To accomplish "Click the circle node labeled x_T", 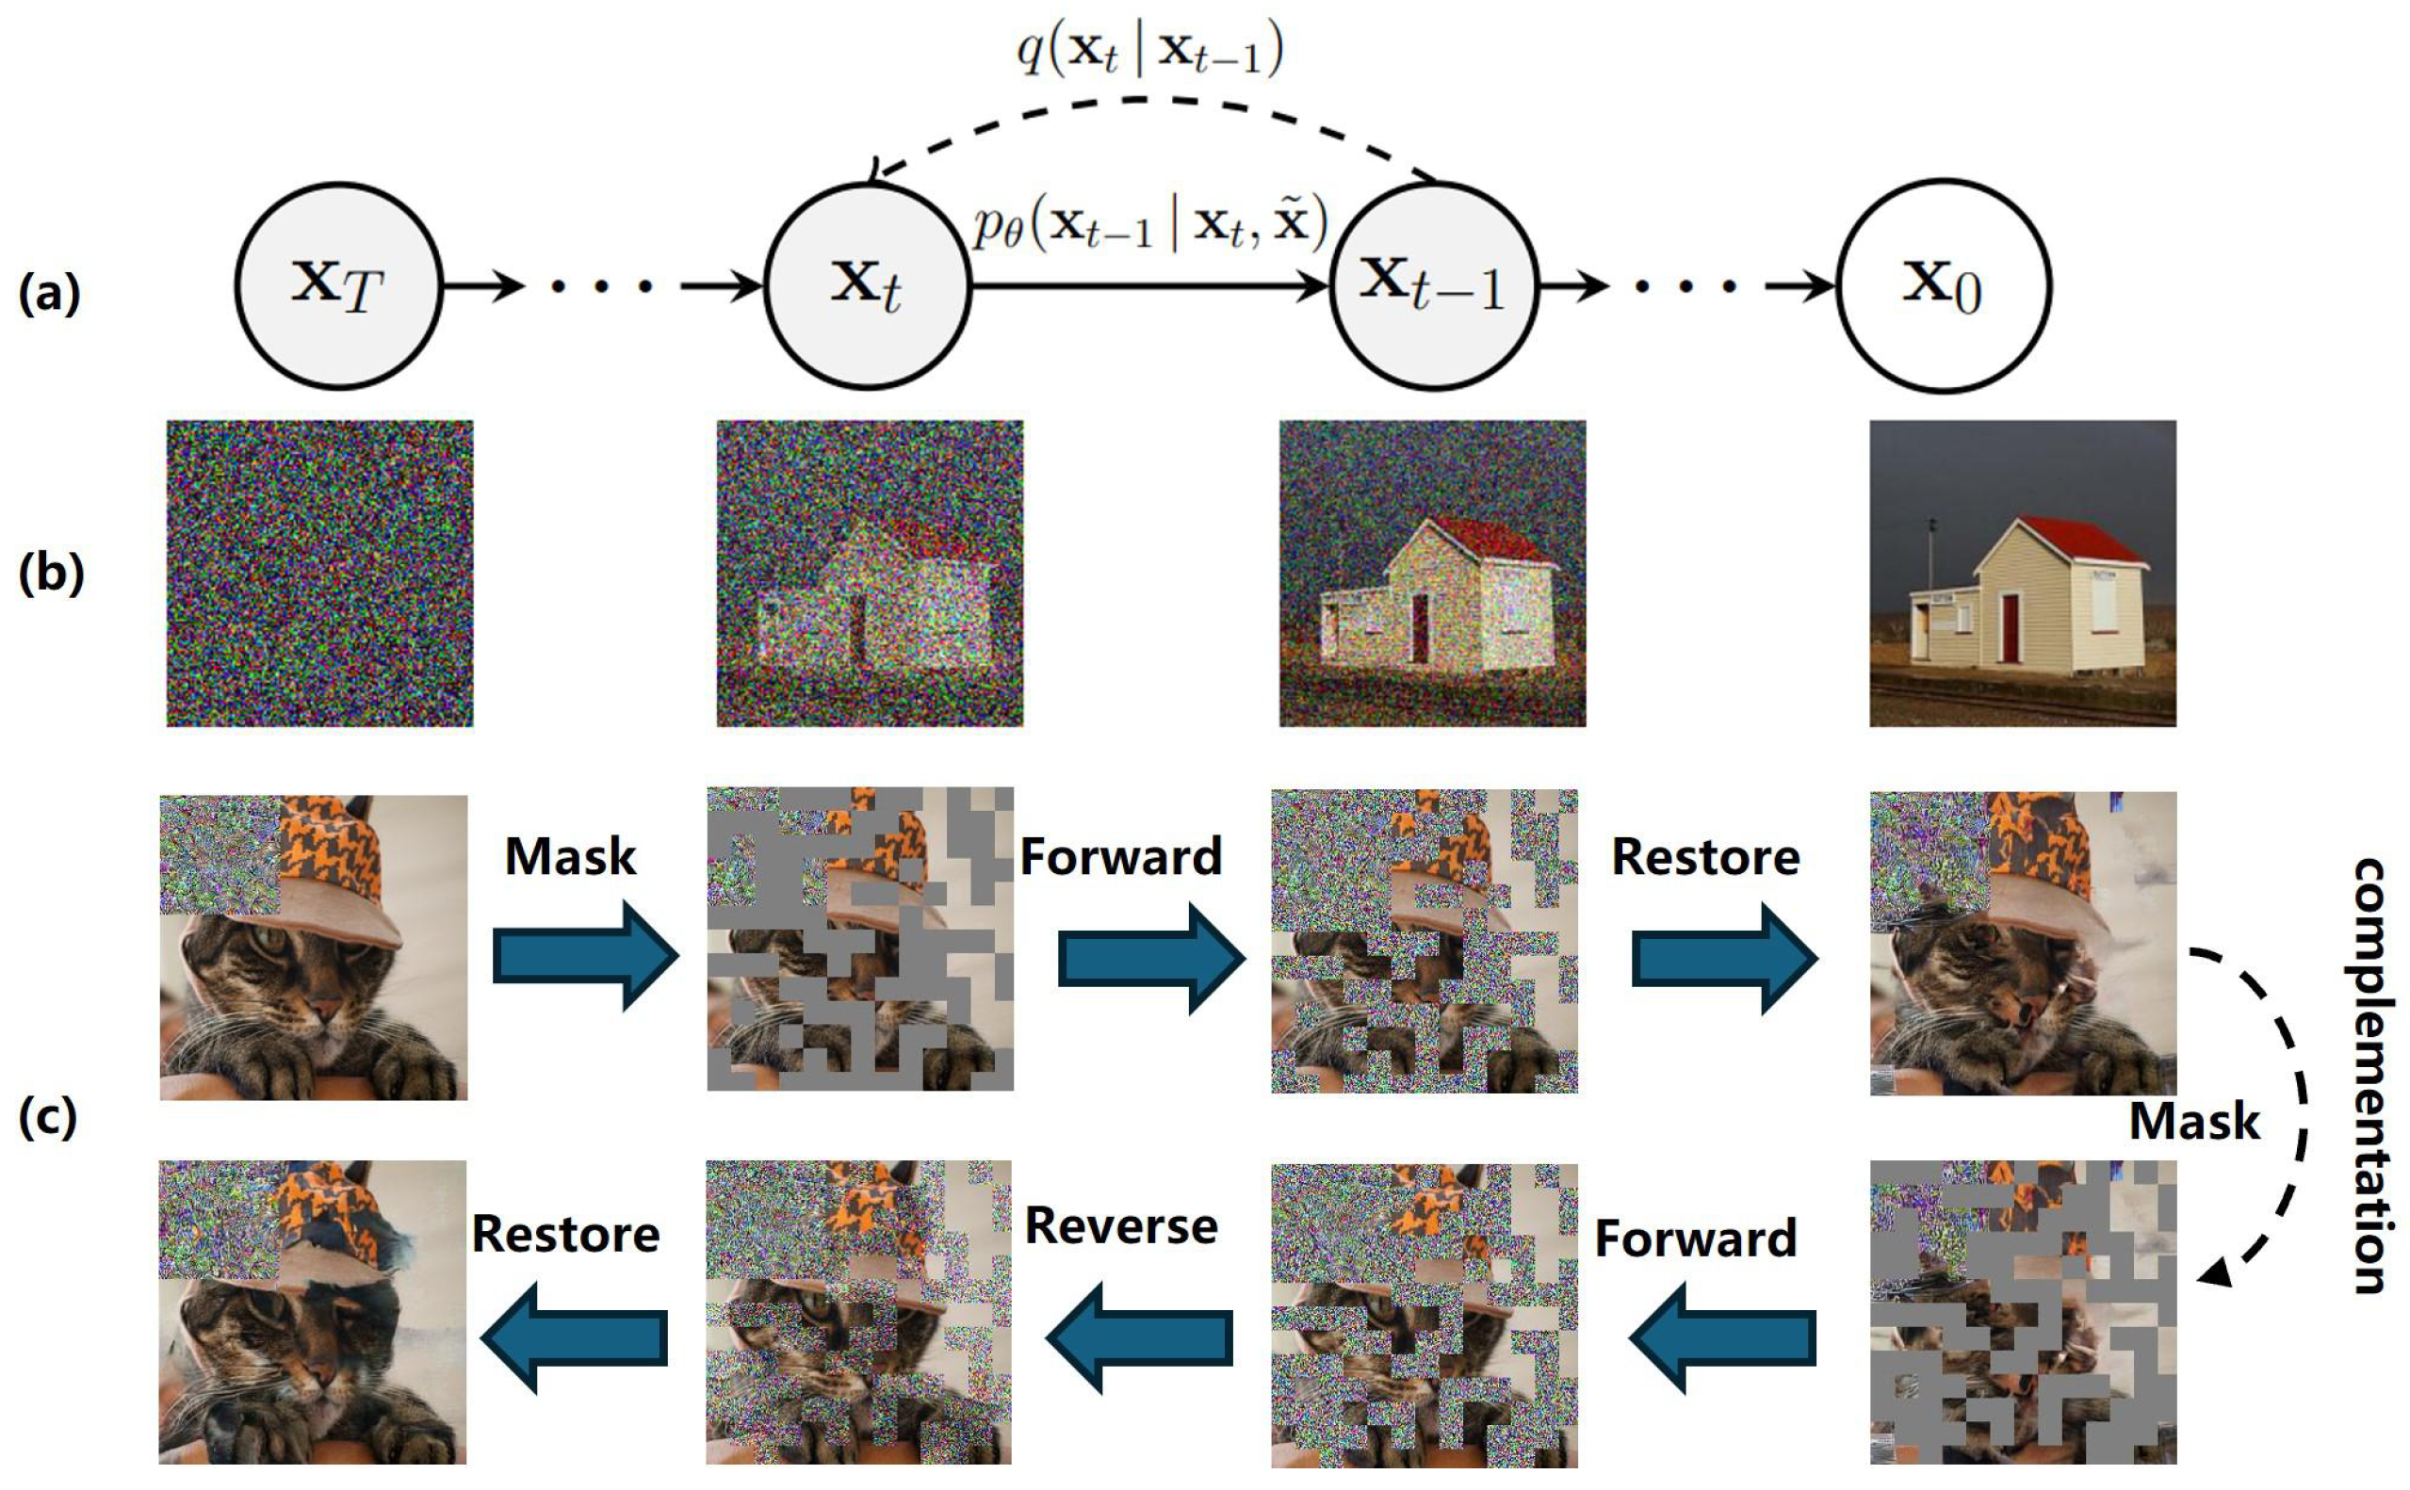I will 338,285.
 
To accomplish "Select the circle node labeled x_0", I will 1943,285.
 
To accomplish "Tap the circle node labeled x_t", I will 868,285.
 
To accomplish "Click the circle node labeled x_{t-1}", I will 1434,285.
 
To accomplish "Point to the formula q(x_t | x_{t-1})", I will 1149,49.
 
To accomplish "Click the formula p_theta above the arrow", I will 1149,225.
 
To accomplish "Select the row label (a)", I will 49,294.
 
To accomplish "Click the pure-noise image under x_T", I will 319,574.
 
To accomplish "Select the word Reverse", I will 1121,1226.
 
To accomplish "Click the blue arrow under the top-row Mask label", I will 585,957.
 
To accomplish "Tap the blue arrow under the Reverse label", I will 1138,1338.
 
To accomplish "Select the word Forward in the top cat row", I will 1121,855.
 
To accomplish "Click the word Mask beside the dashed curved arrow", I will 2194,1122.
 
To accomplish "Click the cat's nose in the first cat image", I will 326,1010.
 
